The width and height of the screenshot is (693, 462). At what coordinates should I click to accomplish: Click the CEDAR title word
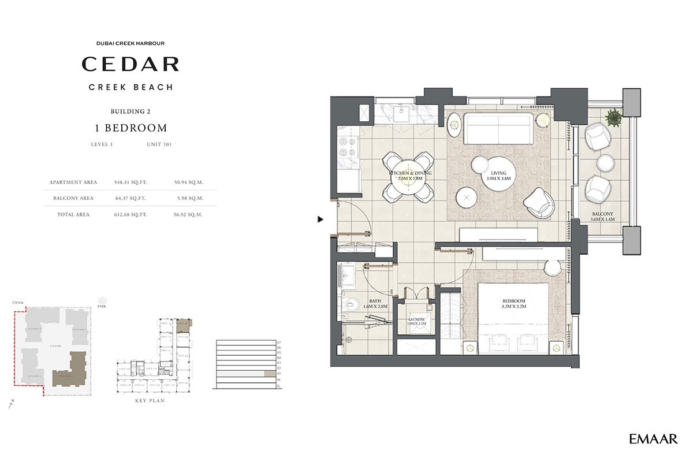coord(130,64)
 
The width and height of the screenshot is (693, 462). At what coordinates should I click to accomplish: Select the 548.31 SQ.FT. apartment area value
coord(131,182)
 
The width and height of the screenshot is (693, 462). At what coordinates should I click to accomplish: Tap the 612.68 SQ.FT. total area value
coord(131,214)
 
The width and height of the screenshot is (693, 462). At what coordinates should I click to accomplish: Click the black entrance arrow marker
coord(320,219)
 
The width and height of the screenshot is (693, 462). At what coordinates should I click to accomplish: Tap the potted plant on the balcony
coord(613,118)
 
